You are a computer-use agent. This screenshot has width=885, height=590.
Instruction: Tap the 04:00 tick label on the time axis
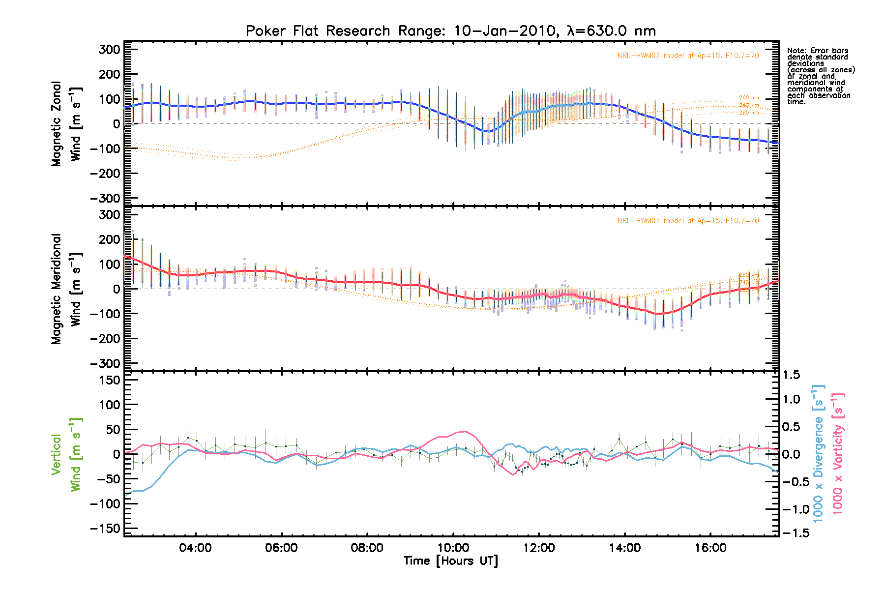click(196, 548)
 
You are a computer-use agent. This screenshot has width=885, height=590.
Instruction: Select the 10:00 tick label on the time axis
click(453, 548)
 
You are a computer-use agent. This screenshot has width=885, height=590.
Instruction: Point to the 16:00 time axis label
click(710, 548)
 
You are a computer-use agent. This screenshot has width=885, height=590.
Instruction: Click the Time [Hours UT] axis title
click(450, 561)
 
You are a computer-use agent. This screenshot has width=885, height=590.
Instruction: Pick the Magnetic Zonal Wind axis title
click(66, 123)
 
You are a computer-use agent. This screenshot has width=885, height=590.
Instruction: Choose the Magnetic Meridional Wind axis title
click(66, 289)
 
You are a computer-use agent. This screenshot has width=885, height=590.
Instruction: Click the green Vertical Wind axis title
click(66, 454)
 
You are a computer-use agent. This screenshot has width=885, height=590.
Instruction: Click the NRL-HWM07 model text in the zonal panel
click(688, 56)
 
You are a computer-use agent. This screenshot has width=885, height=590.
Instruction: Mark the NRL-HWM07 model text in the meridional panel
click(688, 221)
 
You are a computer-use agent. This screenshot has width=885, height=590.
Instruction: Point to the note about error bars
click(821, 76)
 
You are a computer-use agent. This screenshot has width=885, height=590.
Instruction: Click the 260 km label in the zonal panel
click(749, 98)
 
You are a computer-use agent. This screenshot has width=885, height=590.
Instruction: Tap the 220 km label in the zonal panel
click(749, 113)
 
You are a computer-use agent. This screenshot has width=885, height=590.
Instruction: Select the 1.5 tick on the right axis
click(792, 375)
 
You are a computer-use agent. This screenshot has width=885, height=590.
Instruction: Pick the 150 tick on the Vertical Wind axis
click(106, 380)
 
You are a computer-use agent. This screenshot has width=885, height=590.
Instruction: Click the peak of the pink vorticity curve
click(465, 431)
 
